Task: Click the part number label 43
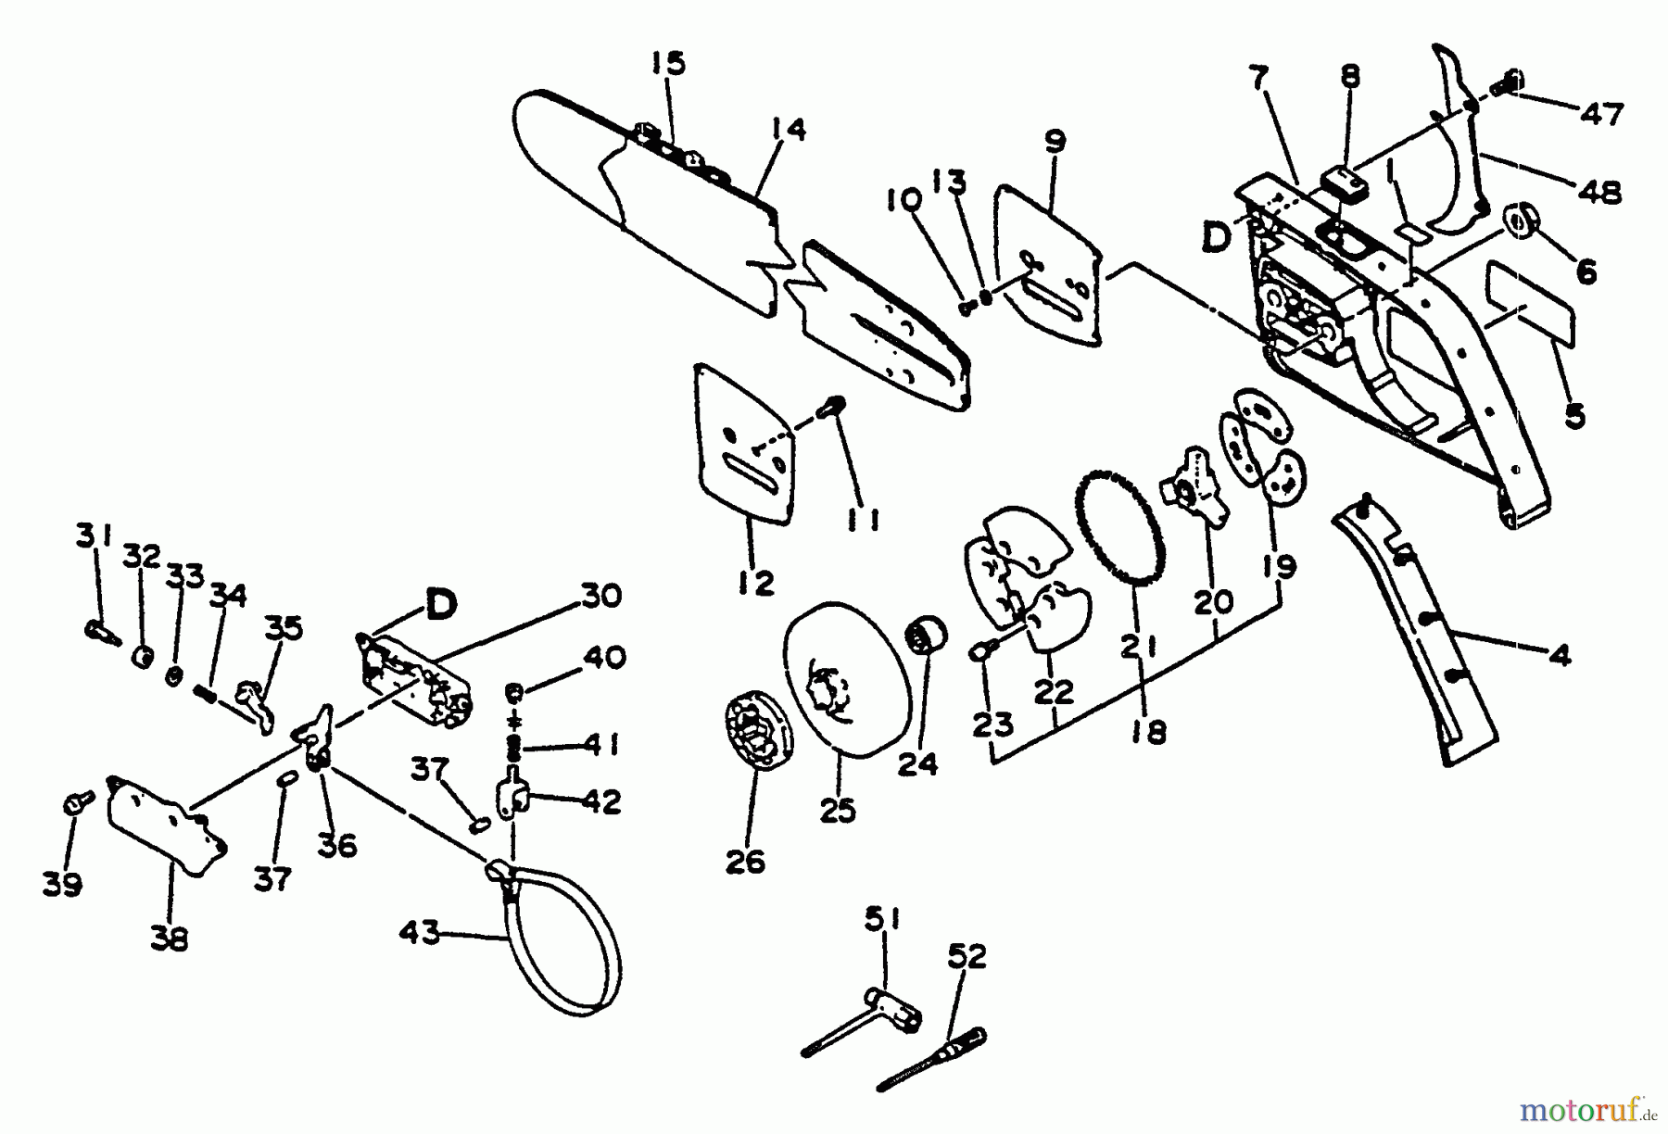[x=419, y=931]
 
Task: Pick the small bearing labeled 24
[x=928, y=633]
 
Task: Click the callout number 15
[x=666, y=64]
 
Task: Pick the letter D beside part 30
[x=440, y=605]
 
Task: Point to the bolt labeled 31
[x=100, y=630]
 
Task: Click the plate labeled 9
[x=1047, y=269]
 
